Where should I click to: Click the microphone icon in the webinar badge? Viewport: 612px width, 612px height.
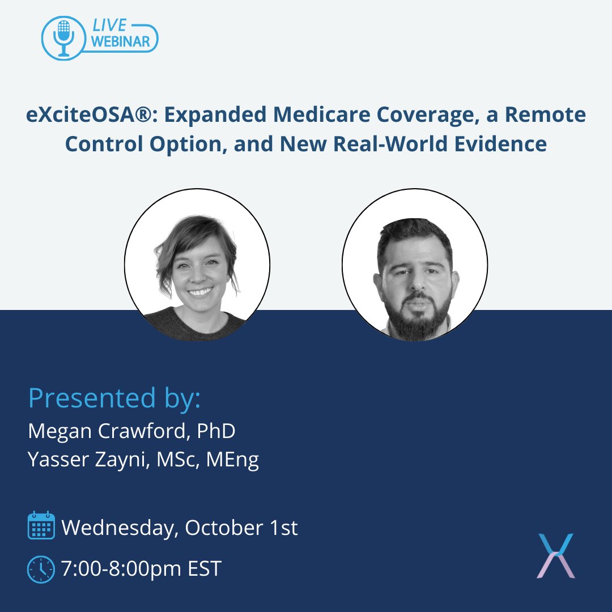(63, 36)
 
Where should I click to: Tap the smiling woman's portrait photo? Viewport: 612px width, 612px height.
(197, 264)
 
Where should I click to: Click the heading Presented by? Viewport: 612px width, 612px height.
(114, 398)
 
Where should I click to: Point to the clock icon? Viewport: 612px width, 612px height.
(41, 568)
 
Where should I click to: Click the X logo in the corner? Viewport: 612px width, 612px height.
(555, 555)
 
